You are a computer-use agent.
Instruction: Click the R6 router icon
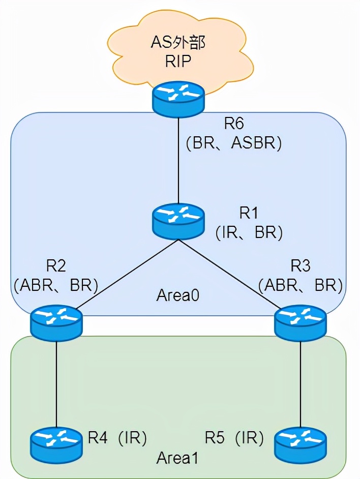tap(178, 98)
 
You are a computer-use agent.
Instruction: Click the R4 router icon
tap(56, 441)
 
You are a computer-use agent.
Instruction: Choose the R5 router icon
tap(300, 441)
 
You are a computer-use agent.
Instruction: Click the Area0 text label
tap(177, 295)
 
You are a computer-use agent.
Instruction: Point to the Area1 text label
tap(177, 457)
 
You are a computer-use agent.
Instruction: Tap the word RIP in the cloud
tap(177, 62)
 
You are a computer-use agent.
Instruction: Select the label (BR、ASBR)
tap(233, 143)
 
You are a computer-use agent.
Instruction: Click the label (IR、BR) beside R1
tap(249, 232)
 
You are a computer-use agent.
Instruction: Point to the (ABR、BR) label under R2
tap(56, 285)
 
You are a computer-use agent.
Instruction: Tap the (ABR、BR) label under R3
tap(299, 285)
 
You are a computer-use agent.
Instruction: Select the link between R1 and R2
tap(122, 277)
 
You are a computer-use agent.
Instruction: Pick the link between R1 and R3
tap(234, 277)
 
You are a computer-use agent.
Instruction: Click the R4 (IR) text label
tap(117, 437)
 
